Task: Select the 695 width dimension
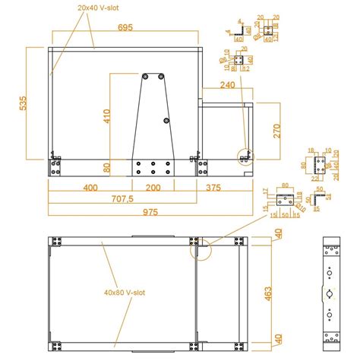125,27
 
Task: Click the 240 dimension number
227,86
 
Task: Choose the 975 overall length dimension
149,213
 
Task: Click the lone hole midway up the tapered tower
166,122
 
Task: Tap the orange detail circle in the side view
244,157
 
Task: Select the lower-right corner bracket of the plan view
241,345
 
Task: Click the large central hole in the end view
330,294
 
